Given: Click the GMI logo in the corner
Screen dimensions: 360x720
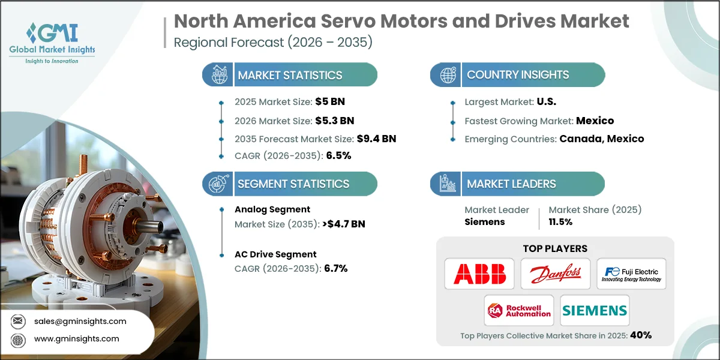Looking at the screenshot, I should [52, 42].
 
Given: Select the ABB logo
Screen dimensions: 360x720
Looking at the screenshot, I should [479, 274].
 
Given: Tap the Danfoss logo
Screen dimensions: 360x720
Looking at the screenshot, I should [555, 274].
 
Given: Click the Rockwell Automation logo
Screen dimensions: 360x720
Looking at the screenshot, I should [520, 310].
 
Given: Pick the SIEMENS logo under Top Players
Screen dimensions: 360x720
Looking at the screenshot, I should [595, 310].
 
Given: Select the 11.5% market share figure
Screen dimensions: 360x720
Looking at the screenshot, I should [560, 221].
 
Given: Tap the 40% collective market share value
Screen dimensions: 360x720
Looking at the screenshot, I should [640, 335].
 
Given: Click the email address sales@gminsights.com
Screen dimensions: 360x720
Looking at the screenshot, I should [80, 321].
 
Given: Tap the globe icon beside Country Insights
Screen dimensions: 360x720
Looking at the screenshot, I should [448, 75].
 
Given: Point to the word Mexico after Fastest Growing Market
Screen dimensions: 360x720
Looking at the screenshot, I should [595, 121].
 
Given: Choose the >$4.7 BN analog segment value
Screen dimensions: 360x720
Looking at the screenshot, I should [343, 224].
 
